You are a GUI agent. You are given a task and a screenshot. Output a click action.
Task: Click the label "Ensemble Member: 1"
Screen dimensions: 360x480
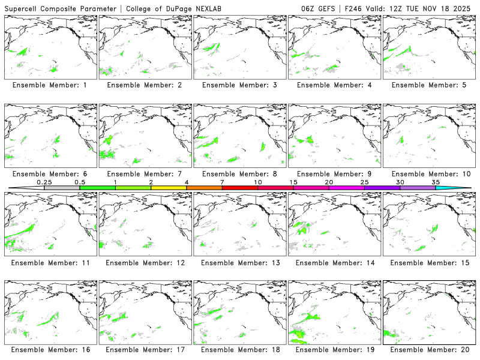(x=50, y=85)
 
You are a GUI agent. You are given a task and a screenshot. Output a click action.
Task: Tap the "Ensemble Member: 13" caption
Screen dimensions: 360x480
(x=239, y=263)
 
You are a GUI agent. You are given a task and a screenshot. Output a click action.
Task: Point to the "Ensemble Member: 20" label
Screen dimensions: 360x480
(x=429, y=350)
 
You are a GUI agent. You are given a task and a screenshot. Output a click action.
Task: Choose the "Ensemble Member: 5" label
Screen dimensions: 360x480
(x=429, y=85)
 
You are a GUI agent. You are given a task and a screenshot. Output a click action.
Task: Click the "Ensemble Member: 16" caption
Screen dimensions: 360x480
(x=50, y=350)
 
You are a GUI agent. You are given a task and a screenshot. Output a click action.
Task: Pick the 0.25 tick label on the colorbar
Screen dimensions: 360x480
(x=44, y=182)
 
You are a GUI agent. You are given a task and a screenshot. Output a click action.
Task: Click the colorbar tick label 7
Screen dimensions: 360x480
(x=222, y=182)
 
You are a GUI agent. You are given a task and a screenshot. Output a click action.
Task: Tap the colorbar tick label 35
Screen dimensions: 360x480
(x=436, y=182)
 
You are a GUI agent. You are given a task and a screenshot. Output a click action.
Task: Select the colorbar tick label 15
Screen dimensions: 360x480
(x=293, y=182)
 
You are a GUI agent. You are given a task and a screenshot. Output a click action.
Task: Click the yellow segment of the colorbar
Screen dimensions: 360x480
(x=169, y=188)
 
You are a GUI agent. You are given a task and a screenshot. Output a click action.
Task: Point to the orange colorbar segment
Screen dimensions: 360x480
(x=204, y=188)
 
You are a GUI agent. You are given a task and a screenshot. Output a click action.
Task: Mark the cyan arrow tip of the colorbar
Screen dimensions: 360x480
(x=462, y=188)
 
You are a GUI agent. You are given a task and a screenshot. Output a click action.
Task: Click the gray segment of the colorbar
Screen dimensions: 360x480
(x=62, y=188)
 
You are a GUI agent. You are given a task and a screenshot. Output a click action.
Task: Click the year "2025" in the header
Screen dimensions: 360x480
(x=467, y=8)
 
